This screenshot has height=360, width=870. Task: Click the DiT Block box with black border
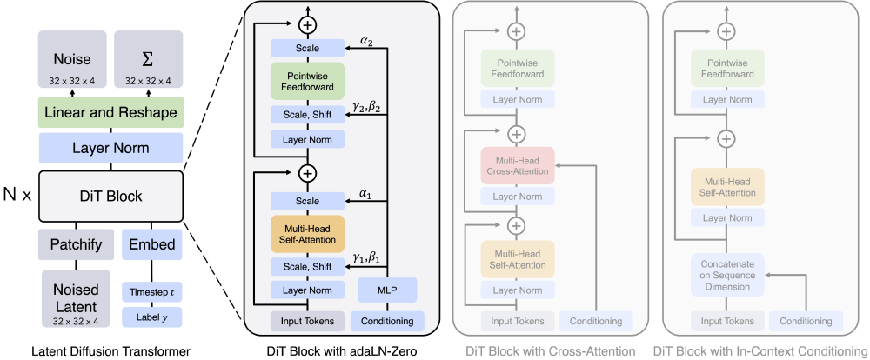coord(110,196)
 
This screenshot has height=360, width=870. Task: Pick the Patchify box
coord(72,244)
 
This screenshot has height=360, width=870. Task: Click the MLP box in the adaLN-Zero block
coord(387,289)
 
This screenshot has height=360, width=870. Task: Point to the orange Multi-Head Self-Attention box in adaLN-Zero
coord(307,232)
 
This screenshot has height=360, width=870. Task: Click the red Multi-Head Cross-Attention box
coord(517,165)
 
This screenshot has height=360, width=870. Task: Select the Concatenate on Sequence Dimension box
coord(727,271)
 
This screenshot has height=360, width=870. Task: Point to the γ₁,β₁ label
coord(367,258)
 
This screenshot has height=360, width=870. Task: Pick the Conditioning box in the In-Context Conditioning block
coord(806,321)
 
